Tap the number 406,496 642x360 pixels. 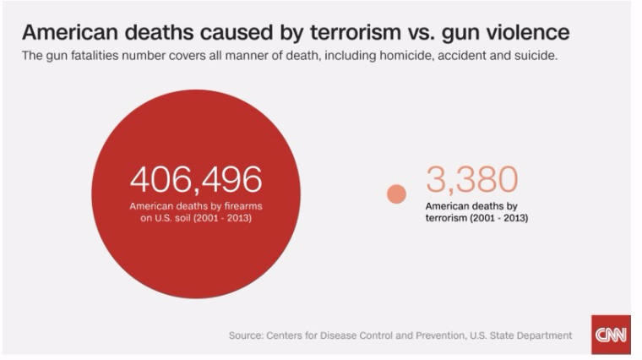[x=195, y=179]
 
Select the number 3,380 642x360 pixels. [x=471, y=179]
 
